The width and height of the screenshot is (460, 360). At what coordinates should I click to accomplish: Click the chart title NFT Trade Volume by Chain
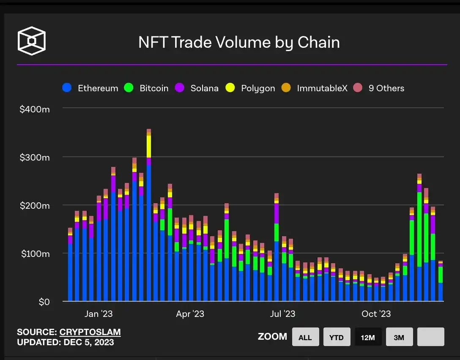tap(239, 42)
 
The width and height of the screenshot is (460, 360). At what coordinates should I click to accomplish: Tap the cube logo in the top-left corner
tap(31, 41)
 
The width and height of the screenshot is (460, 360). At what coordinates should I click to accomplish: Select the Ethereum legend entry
tap(90, 88)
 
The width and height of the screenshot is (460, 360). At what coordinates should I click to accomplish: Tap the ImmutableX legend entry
tap(315, 88)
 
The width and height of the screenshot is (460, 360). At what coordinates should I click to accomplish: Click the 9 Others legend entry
tap(379, 88)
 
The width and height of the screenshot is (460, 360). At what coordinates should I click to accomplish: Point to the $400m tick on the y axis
tap(35, 109)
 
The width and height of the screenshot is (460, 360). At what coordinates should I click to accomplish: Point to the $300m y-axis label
tap(35, 157)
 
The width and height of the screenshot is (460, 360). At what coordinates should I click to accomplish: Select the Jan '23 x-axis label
tap(99, 314)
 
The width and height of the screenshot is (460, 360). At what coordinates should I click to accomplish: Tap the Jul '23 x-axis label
tap(282, 314)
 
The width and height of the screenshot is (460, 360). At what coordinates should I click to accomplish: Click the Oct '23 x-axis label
tap(376, 314)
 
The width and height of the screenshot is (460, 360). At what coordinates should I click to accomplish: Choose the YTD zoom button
tap(336, 337)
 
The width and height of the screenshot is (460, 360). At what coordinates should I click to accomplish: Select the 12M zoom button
tap(368, 337)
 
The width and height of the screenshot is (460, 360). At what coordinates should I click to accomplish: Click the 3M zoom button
tap(399, 337)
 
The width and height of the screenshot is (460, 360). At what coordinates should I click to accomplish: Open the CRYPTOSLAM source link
tap(90, 332)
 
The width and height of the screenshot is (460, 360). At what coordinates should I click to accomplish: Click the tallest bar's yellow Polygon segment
tap(148, 146)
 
